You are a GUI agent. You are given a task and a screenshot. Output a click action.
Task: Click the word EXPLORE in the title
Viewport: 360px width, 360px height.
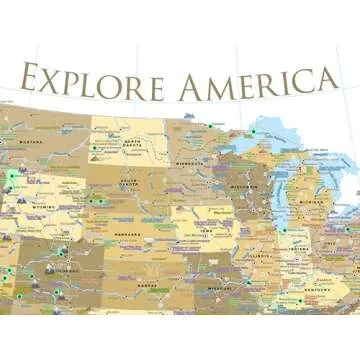pyautogui.click(x=90, y=80)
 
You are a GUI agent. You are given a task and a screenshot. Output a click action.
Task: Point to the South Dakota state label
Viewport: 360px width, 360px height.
pyautogui.click(x=129, y=185)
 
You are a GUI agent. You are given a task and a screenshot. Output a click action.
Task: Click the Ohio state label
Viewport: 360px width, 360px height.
pyautogui.click(x=330, y=244)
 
